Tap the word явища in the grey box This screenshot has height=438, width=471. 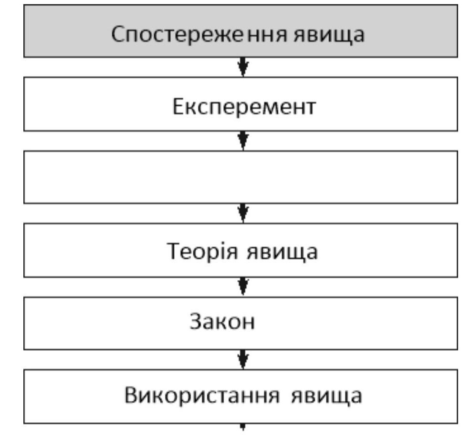pos(329,35)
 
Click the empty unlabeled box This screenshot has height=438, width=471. pos(241,177)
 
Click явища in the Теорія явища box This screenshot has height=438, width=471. pos(282,252)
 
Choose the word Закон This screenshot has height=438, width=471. pos(222,321)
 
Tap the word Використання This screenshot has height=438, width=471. pos(202,396)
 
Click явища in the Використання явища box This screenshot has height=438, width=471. pos(326,397)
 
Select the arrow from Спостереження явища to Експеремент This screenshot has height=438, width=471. pos(243,67)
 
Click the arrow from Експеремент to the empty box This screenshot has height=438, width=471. pos(243,141)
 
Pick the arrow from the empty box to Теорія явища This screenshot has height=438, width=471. pos(243,214)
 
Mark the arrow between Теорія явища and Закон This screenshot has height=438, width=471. pos(243,287)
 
